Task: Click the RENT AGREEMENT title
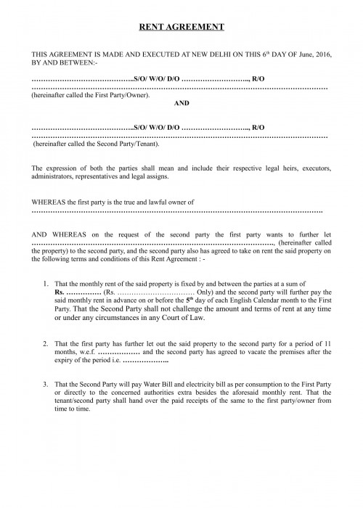pos(181,27)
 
